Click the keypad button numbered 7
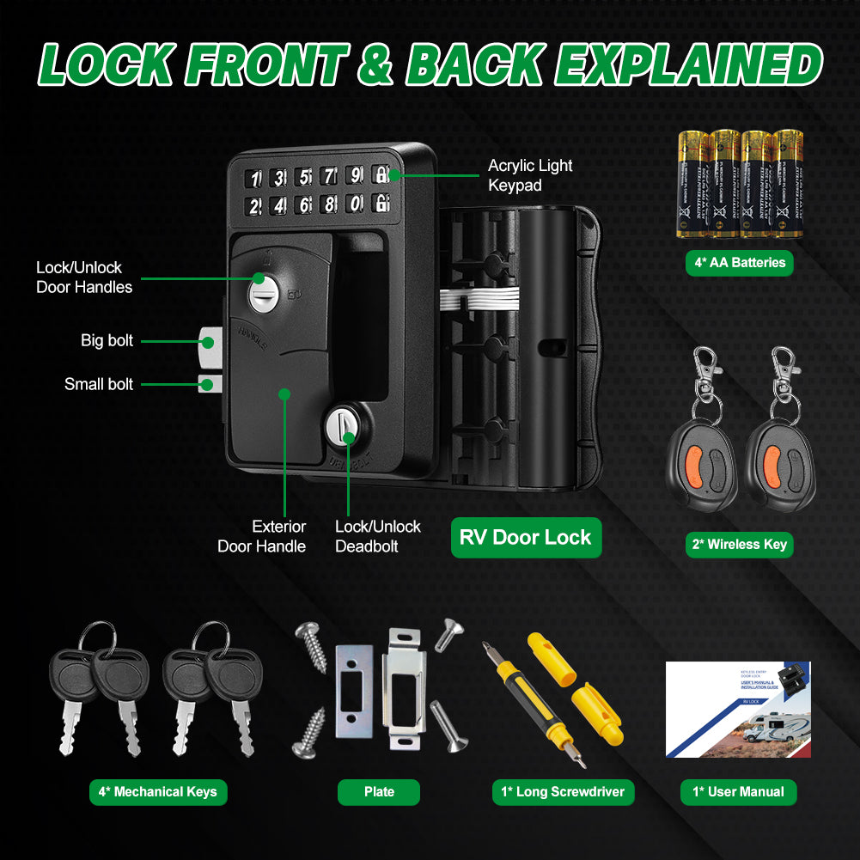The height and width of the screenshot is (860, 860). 328,177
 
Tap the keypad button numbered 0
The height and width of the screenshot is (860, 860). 354,204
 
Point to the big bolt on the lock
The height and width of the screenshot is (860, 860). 208,342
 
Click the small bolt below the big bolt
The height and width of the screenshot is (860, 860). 207,383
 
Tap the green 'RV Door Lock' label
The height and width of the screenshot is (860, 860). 526,538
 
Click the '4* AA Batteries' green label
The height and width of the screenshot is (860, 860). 739,262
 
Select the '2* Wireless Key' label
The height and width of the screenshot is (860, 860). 739,544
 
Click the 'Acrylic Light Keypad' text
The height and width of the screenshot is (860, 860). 529,175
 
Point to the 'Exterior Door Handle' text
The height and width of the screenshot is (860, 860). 262,536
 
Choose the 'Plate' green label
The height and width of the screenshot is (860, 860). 379,792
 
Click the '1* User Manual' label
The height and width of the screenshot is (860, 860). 739,792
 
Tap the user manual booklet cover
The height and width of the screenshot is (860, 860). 737,710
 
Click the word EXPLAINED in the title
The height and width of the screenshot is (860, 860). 687,64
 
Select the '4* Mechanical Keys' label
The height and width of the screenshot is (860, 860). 158,792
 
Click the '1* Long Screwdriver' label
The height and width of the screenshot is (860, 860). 563,792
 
